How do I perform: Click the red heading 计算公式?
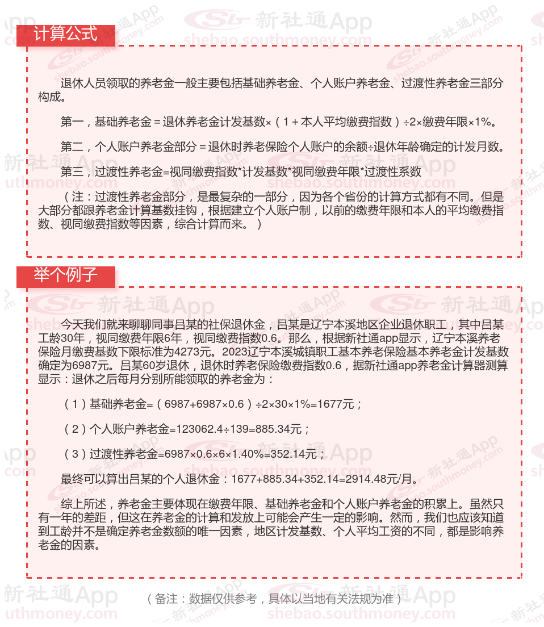[x=65, y=34]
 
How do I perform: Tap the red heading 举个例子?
[x=65, y=275]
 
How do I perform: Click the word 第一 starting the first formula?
[x=72, y=122]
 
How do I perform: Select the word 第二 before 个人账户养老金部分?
[x=72, y=147]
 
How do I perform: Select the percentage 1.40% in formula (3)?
[x=254, y=454]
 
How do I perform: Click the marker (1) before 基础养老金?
[x=74, y=404]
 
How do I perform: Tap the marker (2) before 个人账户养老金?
[x=74, y=429]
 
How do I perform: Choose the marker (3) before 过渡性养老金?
[x=74, y=454]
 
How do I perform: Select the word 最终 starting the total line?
[x=72, y=479]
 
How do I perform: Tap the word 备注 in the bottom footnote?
[x=165, y=599]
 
